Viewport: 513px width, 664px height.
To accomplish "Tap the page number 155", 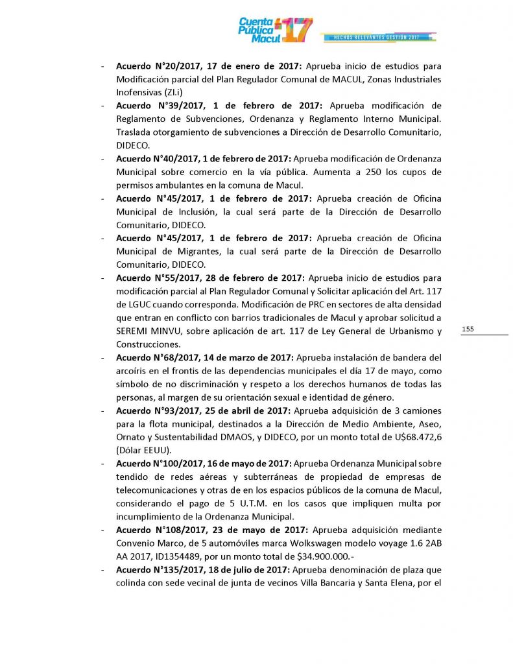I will pos(468,329).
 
